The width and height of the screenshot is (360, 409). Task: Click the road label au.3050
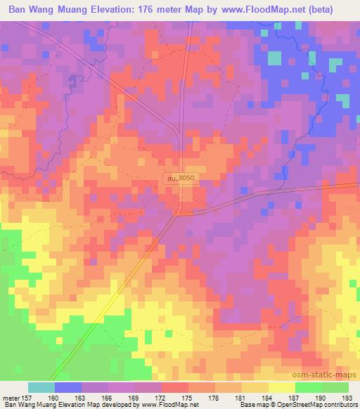click(181, 179)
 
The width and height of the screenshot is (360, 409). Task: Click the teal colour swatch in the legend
click(41, 387)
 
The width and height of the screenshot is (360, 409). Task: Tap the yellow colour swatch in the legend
click(281, 387)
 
